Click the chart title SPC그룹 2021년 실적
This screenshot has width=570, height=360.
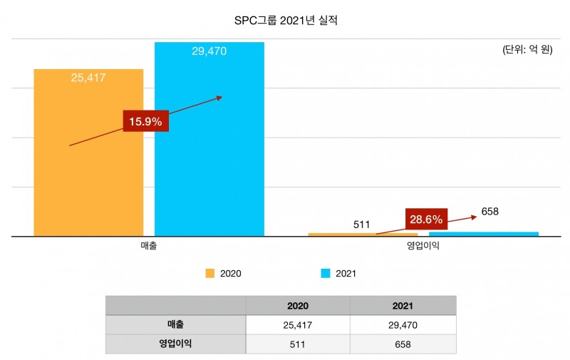285,21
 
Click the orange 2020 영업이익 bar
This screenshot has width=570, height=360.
363,234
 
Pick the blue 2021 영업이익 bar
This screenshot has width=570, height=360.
484,233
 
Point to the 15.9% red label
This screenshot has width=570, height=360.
146,121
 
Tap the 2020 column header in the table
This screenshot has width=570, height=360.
298,306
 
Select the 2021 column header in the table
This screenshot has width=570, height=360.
403,306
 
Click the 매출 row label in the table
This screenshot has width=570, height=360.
175,324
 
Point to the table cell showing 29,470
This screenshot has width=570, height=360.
403,325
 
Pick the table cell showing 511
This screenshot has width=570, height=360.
298,344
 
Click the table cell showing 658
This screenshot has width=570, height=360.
403,344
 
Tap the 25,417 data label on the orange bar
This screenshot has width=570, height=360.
88,78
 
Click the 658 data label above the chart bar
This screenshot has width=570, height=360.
490,211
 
